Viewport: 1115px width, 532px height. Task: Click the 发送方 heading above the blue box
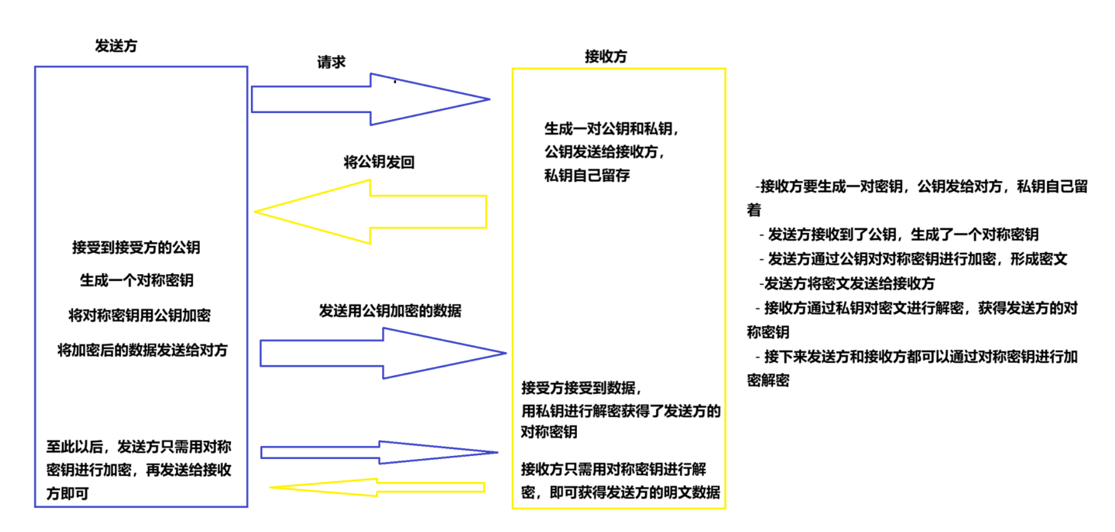pos(115,46)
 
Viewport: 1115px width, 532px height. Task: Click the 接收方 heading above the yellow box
pos(606,56)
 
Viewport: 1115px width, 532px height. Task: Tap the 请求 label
pos(331,62)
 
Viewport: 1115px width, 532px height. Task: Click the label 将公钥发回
pos(379,162)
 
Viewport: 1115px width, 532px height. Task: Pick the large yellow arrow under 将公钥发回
pos(370,212)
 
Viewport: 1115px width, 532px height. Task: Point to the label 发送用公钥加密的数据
pos(390,310)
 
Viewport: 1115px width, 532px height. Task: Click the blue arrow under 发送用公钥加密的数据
pos(382,353)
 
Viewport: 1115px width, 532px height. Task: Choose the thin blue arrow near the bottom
pos(378,452)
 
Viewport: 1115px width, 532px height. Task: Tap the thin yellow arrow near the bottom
pos(377,487)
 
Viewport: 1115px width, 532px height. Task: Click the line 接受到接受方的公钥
pos(136,247)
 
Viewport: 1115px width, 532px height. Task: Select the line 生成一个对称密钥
pos(137,280)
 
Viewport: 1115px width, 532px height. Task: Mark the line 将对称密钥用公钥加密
pos(139,315)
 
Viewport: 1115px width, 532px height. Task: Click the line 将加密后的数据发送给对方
pos(142,350)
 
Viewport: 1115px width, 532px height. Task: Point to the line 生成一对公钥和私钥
pos(611,129)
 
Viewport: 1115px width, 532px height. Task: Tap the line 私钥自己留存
pos(587,175)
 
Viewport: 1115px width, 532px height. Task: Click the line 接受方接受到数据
pos(581,388)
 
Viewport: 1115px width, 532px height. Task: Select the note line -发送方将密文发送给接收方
pos(847,283)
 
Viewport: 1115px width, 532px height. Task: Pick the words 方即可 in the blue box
pos(67,493)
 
